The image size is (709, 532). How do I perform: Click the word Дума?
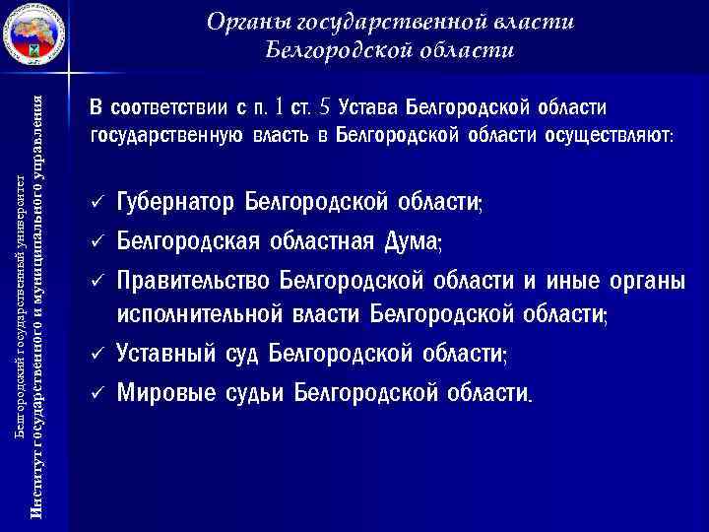click(x=412, y=240)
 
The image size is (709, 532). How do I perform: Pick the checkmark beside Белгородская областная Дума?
click(x=96, y=240)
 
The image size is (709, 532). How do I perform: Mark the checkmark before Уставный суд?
click(x=96, y=352)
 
